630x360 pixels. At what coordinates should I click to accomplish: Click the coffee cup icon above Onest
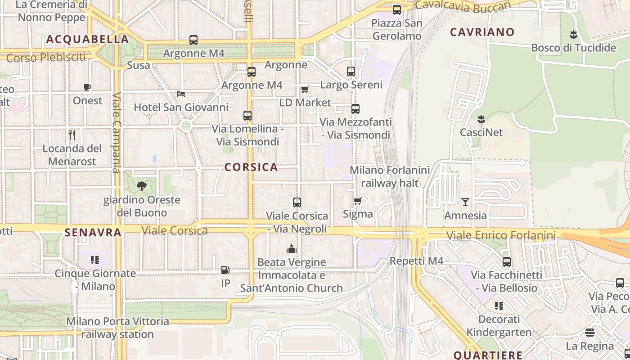87,87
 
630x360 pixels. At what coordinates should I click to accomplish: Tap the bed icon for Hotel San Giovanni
181,94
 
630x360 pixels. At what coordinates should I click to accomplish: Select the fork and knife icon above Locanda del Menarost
72,135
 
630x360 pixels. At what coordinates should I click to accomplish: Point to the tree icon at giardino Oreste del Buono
142,186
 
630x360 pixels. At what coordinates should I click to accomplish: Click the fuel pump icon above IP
225,270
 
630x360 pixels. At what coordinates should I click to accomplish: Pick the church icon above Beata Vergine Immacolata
292,249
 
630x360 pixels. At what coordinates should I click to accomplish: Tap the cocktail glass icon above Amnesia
465,202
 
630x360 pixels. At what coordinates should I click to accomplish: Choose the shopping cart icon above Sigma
358,201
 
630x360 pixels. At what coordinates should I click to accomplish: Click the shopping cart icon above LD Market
305,89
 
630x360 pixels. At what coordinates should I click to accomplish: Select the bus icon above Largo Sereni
351,71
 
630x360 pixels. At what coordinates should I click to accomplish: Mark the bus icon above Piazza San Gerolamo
397,10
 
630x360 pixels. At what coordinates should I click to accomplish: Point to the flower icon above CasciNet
481,119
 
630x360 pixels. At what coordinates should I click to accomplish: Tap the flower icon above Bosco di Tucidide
573,34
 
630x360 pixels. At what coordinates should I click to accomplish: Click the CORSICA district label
251,167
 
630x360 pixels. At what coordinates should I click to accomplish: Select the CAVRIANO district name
482,32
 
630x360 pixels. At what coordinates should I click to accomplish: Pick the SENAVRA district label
93,233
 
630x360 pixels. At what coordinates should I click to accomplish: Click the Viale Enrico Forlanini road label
501,235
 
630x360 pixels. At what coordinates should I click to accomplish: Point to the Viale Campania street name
117,133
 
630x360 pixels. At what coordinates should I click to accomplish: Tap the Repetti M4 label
417,261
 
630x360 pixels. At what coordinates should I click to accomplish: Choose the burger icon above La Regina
590,333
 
